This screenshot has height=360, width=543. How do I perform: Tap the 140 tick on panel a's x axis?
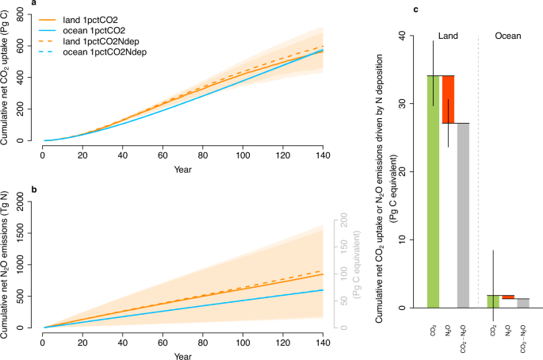pos(323,152)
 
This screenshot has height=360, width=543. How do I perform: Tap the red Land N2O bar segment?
pos(448,99)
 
